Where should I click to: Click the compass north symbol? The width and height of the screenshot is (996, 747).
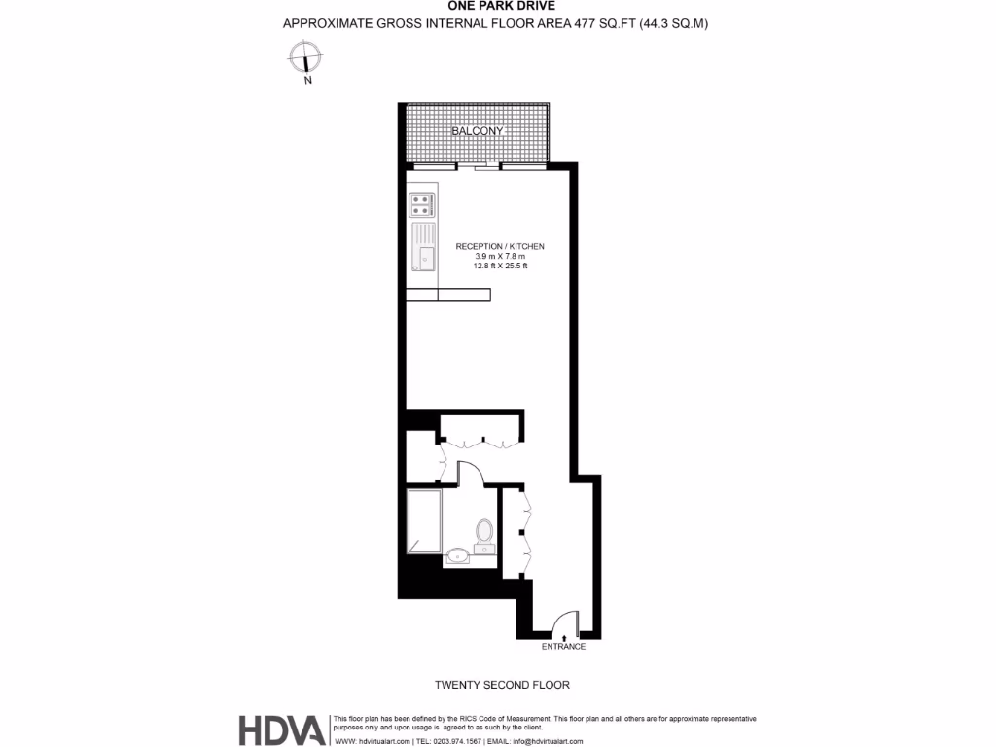point(306,60)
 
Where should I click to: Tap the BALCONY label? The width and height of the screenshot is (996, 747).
point(477,131)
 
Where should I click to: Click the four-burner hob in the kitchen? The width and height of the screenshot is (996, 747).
point(422,204)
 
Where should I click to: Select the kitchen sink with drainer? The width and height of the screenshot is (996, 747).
point(424,246)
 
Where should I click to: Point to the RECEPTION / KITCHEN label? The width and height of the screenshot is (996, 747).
point(500,247)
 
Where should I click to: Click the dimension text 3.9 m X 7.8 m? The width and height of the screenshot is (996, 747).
point(500,256)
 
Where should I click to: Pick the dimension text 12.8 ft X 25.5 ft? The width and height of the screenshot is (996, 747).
point(500,266)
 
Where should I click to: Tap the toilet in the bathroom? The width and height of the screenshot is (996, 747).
point(484,534)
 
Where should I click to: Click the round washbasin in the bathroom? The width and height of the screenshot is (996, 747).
point(457,557)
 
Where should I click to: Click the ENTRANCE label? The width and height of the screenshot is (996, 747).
point(564,647)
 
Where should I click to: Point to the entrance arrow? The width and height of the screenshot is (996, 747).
point(564,635)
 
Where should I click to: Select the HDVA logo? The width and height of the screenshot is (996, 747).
point(283,729)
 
